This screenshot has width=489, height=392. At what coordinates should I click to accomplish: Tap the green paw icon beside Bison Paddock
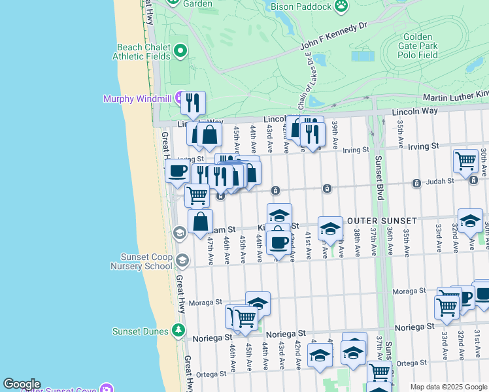click(341, 6)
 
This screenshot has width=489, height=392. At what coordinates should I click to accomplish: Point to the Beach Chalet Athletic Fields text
click(143, 52)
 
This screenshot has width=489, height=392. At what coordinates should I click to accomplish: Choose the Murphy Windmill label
click(135, 99)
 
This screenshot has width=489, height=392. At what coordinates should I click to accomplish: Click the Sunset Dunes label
click(142, 331)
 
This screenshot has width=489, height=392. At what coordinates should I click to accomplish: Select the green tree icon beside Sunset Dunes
click(177, 330)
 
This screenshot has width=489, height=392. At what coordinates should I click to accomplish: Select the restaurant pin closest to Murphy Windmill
click(193, 103)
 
